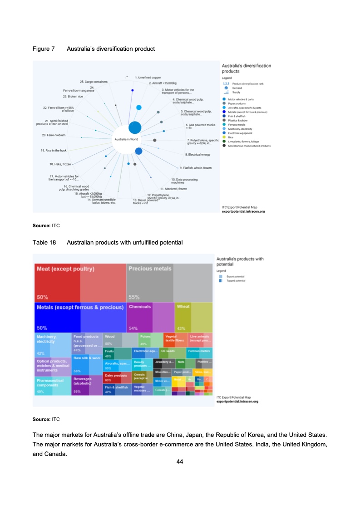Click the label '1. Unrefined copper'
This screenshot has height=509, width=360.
148,78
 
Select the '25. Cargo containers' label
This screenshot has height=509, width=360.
94,82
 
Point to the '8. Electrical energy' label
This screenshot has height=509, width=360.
197,155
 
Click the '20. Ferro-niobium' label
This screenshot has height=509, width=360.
54,135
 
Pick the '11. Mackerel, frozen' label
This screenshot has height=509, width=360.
173,188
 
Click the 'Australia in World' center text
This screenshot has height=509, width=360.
126,139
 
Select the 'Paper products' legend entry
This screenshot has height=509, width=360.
237,103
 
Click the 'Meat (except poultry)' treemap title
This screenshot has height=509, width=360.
65,269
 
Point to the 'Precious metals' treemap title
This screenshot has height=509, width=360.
150,269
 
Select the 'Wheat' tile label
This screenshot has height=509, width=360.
183,307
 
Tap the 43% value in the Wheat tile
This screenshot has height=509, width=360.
181,328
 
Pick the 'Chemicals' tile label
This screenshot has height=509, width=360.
140,307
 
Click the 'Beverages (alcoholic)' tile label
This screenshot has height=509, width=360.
83,380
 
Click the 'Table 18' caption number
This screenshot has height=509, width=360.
44,243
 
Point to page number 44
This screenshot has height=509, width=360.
180,462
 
